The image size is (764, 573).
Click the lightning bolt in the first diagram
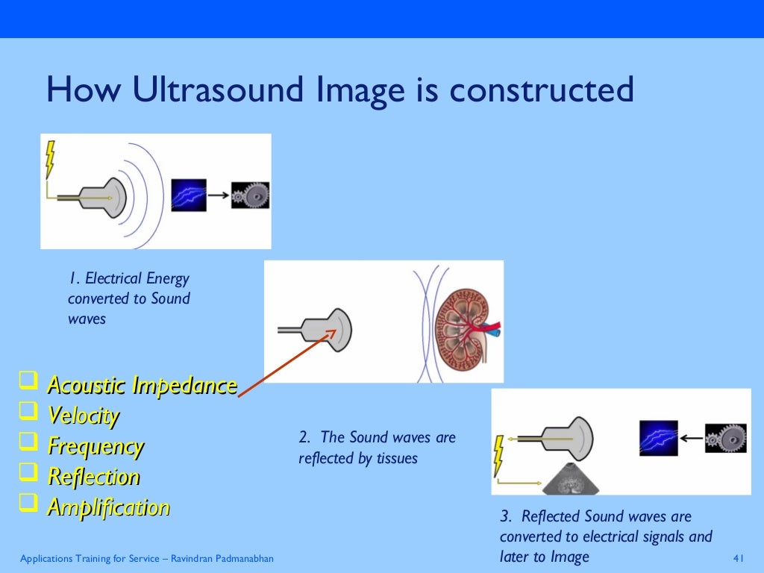point(50,157)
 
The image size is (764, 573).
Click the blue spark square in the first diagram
point(188,195)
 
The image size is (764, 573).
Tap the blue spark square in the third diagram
point(658,439)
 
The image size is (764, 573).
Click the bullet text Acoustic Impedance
point(142,386)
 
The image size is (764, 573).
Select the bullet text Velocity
point(83,416)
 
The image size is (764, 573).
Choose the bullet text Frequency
point(95,446)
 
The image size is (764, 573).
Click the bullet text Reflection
point(93,477)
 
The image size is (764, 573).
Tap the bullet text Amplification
point(108,507)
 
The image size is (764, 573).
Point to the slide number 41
point(739,559)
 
